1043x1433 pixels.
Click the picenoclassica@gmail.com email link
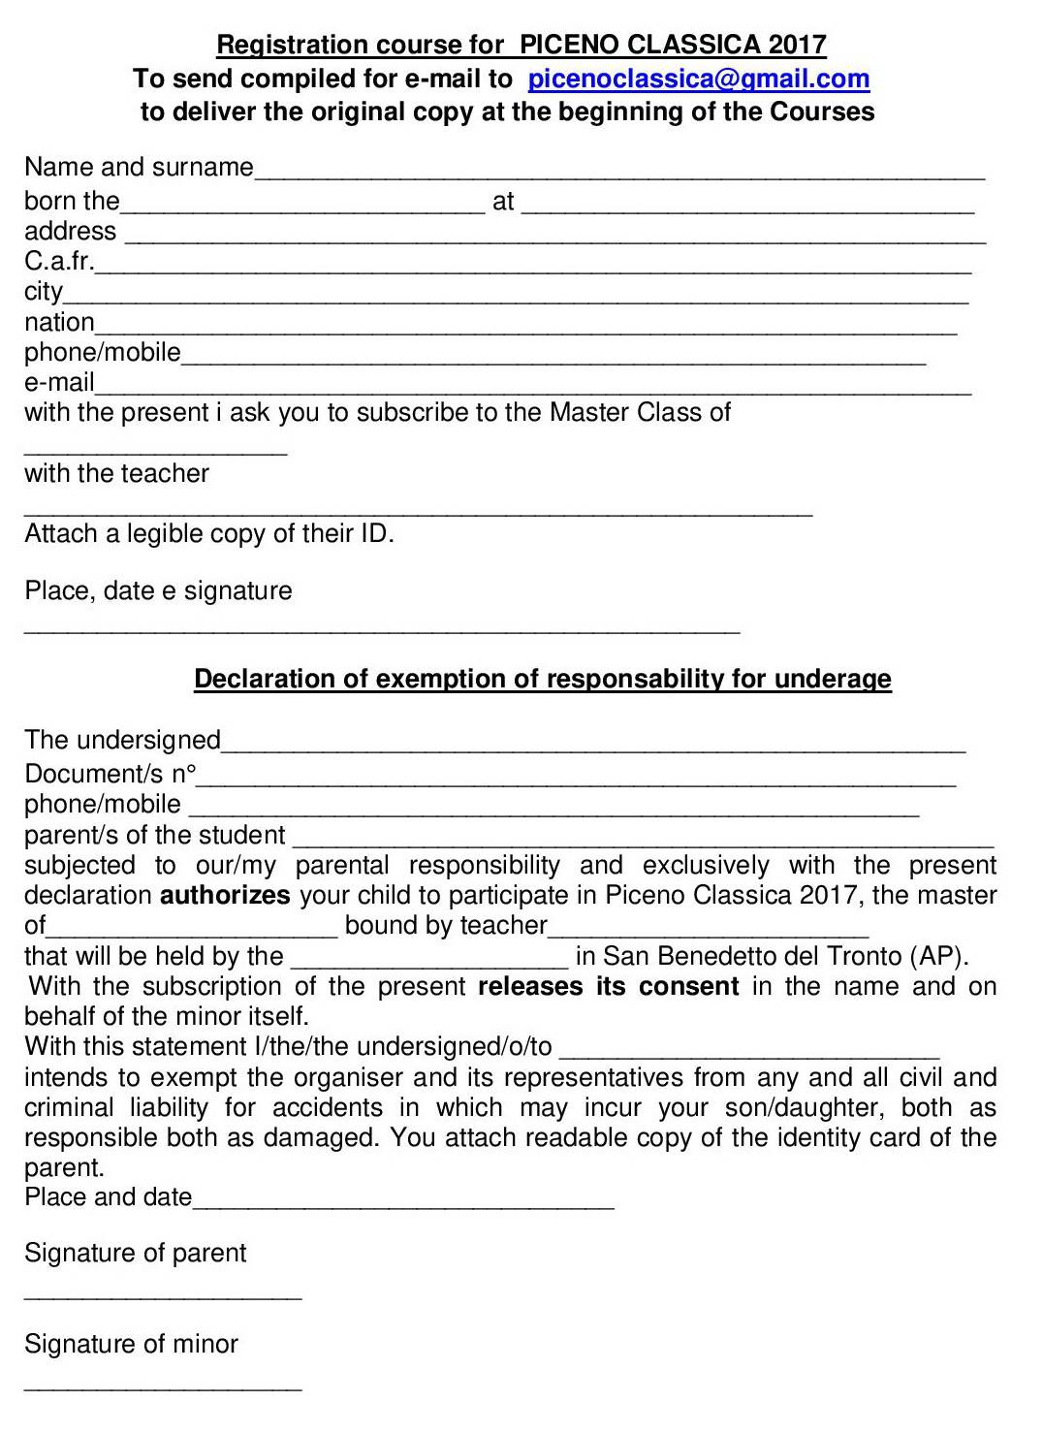click(698, 79)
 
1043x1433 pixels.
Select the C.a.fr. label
click(59, 262)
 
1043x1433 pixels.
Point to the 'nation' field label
click(59, 322)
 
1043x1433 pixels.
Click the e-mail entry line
click(533, 390)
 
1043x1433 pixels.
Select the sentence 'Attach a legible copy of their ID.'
click(209, 534)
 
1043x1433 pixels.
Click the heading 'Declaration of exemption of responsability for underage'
click(543, 679)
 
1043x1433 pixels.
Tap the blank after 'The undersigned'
click(593, 748)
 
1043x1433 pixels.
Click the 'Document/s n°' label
click(110, 774)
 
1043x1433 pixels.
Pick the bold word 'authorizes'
click(225, 895)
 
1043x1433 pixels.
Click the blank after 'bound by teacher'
click(708, 933)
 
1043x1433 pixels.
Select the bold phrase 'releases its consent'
click(609, 987)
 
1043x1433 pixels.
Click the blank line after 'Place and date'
click(403, 1205)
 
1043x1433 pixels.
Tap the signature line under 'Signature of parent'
click(163, 1296)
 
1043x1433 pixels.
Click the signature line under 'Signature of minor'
click(163, 1387)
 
